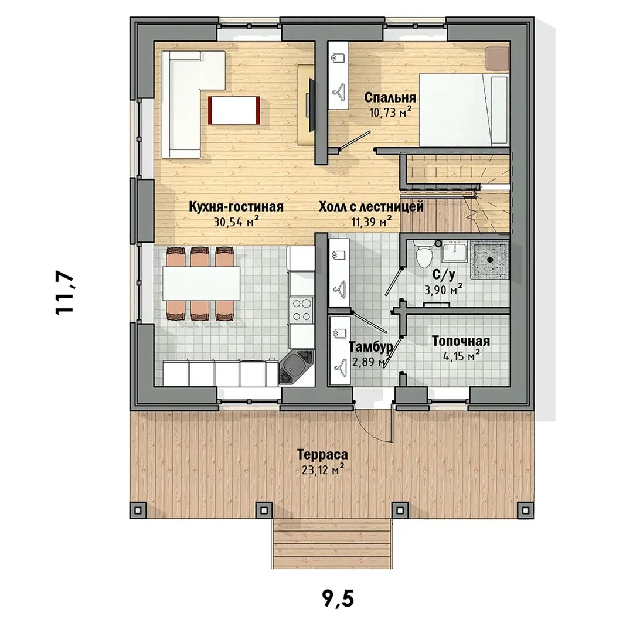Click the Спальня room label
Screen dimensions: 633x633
point(390,98)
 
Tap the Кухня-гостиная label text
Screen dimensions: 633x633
point(236,207)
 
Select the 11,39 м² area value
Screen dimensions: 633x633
point(372,221)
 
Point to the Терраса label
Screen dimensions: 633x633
point(322,454)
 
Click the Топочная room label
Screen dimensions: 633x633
point(461,341)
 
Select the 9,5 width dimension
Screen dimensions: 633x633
point(338,598)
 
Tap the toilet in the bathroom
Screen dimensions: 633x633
point(424,254)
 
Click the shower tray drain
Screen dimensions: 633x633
point(490,259)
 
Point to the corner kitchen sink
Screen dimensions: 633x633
point(296,367)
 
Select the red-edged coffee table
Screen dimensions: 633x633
point(234,110)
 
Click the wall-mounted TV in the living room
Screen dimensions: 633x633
point(311,105)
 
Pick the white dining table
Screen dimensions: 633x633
point(202,284)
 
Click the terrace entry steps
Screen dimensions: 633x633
point(332,543)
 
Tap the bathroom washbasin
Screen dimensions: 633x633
point(455,252)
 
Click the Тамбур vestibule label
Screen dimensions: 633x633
point(370,347)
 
